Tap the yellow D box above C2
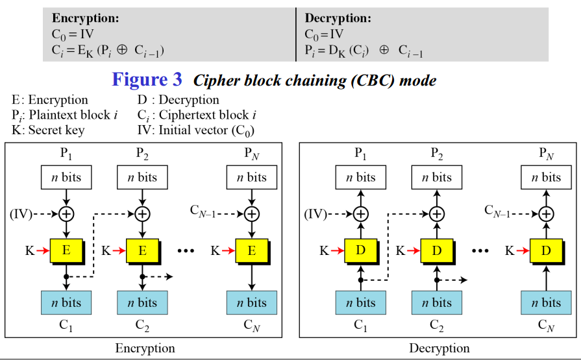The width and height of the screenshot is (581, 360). [437, 250]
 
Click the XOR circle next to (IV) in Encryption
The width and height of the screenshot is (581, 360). [66, 213]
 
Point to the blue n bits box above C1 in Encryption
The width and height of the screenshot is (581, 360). [66, 302]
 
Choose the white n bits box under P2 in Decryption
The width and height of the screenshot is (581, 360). [437, 177]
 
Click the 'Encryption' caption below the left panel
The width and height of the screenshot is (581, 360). [145, 348]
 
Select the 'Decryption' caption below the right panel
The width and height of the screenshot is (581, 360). [439, 348]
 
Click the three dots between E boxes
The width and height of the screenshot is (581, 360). [186, 251]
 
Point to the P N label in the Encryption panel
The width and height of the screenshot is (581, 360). [252, 154]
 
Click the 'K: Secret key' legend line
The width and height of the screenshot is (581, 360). [48, 130]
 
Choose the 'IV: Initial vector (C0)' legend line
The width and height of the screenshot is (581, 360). [195, 130]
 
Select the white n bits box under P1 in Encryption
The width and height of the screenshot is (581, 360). [66, 177]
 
